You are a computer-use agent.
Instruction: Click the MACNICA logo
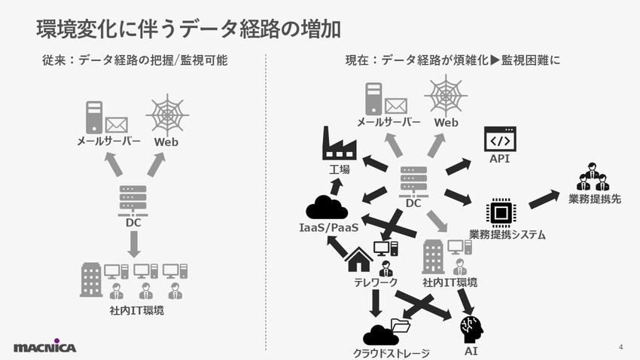pos(45,346)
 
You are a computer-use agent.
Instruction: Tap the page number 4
pos(620,346)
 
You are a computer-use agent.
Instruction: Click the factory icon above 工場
pos(339,143)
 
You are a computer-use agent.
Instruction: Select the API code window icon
pos(500,139)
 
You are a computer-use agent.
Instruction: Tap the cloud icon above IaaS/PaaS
pos(327,207)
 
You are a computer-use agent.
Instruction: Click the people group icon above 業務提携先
pos(593,177)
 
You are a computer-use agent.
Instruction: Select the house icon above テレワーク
pos(359,259)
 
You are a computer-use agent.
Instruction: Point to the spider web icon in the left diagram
pos(167,115)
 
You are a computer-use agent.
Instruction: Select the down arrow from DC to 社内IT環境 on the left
pos(134,243)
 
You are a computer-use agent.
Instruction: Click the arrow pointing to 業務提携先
pos(544,200)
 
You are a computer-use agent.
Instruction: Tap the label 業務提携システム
pos(507,235)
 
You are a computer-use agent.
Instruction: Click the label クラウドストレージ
pos(391,352)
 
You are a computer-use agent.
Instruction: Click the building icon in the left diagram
pos(92,279)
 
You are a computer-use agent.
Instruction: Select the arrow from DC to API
pos(458,166)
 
